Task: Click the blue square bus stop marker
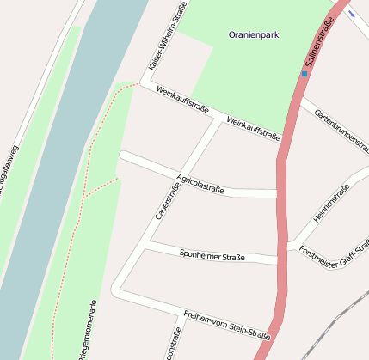tap(304, 74)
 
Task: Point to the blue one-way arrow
tap(352, 13)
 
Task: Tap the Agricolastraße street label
tap(200, 183)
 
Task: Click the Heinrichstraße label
tap(332, 204)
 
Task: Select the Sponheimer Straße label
tap(212, 255)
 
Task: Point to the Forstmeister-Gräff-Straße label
tap(334, 257)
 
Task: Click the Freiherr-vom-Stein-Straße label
tap(227, 324)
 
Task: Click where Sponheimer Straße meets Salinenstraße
tap(282, 259)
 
